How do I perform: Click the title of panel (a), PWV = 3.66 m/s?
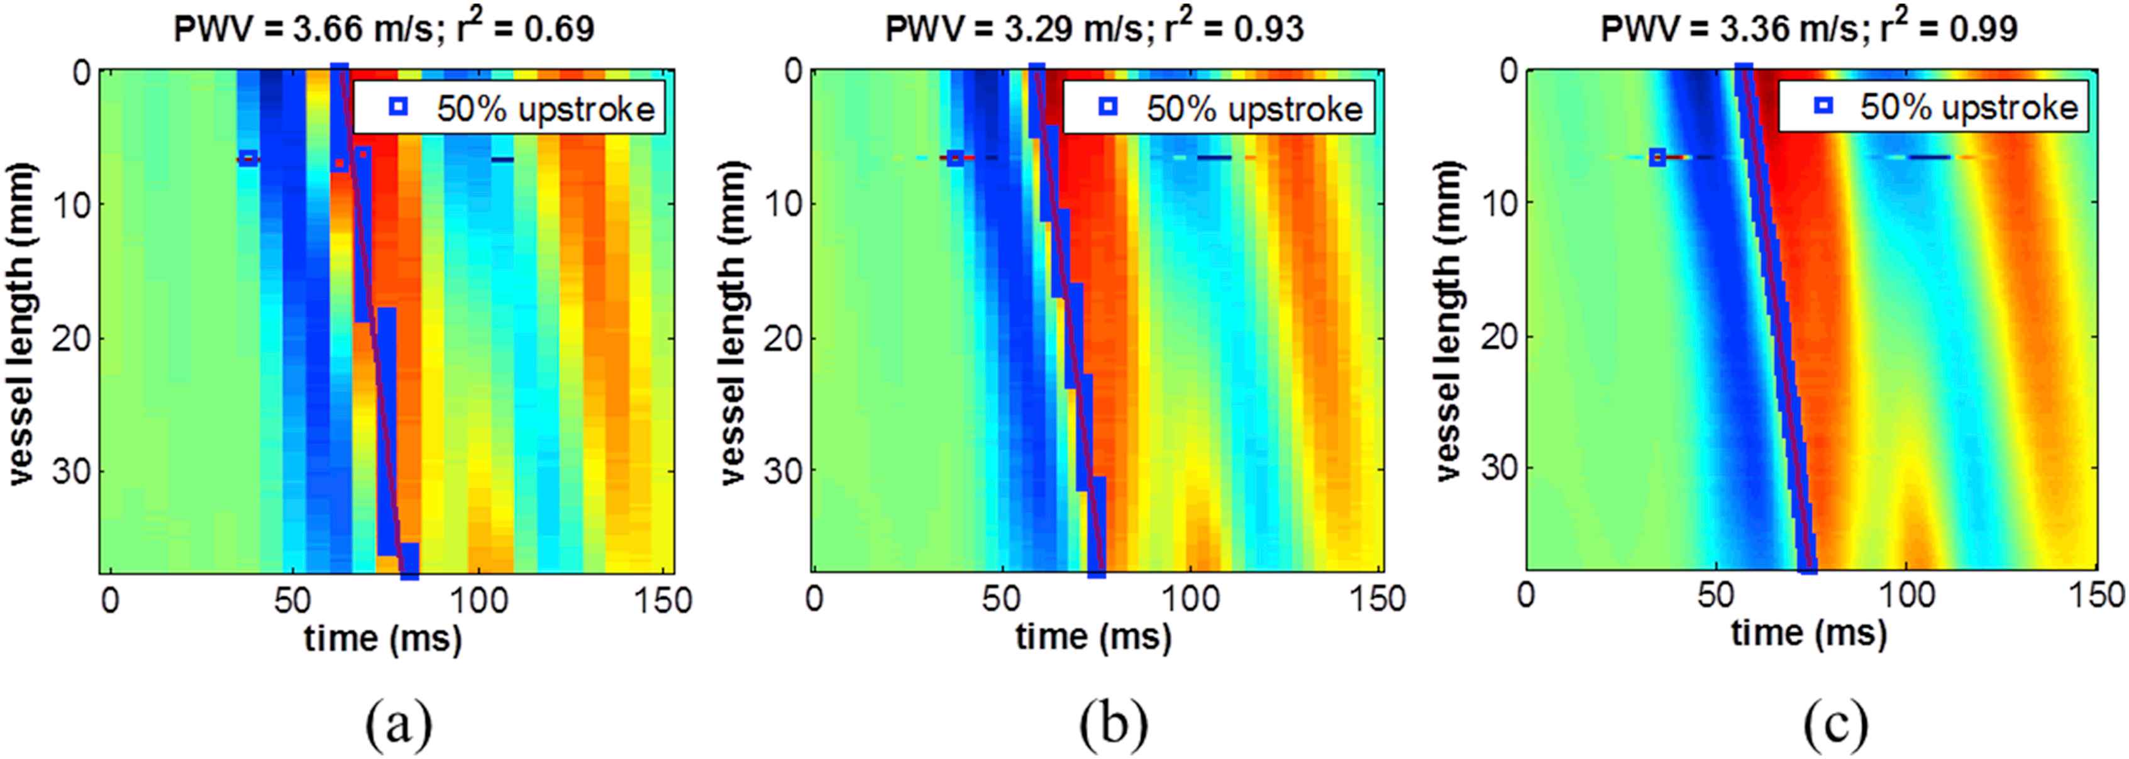[x=384, y=29]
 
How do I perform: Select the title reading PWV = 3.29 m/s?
[x=1094, y=29]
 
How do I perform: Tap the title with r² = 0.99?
[x=1809, y=29]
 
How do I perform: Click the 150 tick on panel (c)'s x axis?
[x=2095, y=597]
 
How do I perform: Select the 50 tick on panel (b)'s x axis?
[x=1002, y=599]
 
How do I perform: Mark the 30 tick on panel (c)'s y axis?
[x=1490, y=468]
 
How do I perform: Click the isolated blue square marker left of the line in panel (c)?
[x=1657, y=157]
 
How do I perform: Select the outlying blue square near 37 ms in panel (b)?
[x=954, y=158]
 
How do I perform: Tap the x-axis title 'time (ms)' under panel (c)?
[x=1809, y=634]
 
